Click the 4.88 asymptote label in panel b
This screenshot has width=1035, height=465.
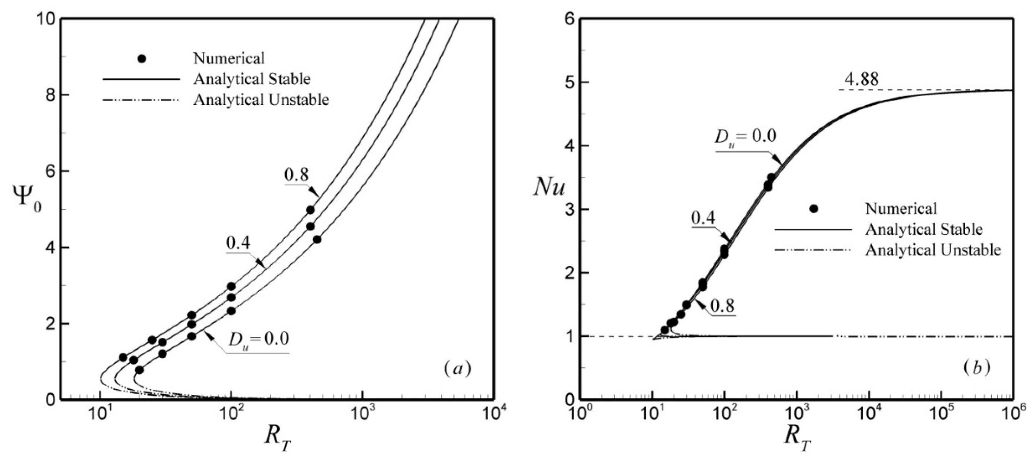(x=861, y=79)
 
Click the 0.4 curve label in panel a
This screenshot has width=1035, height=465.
(x=238, y=243)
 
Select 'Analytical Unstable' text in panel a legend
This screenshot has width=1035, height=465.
(x=261, y=100)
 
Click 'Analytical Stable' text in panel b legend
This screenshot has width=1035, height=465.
(x=924, y=229)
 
